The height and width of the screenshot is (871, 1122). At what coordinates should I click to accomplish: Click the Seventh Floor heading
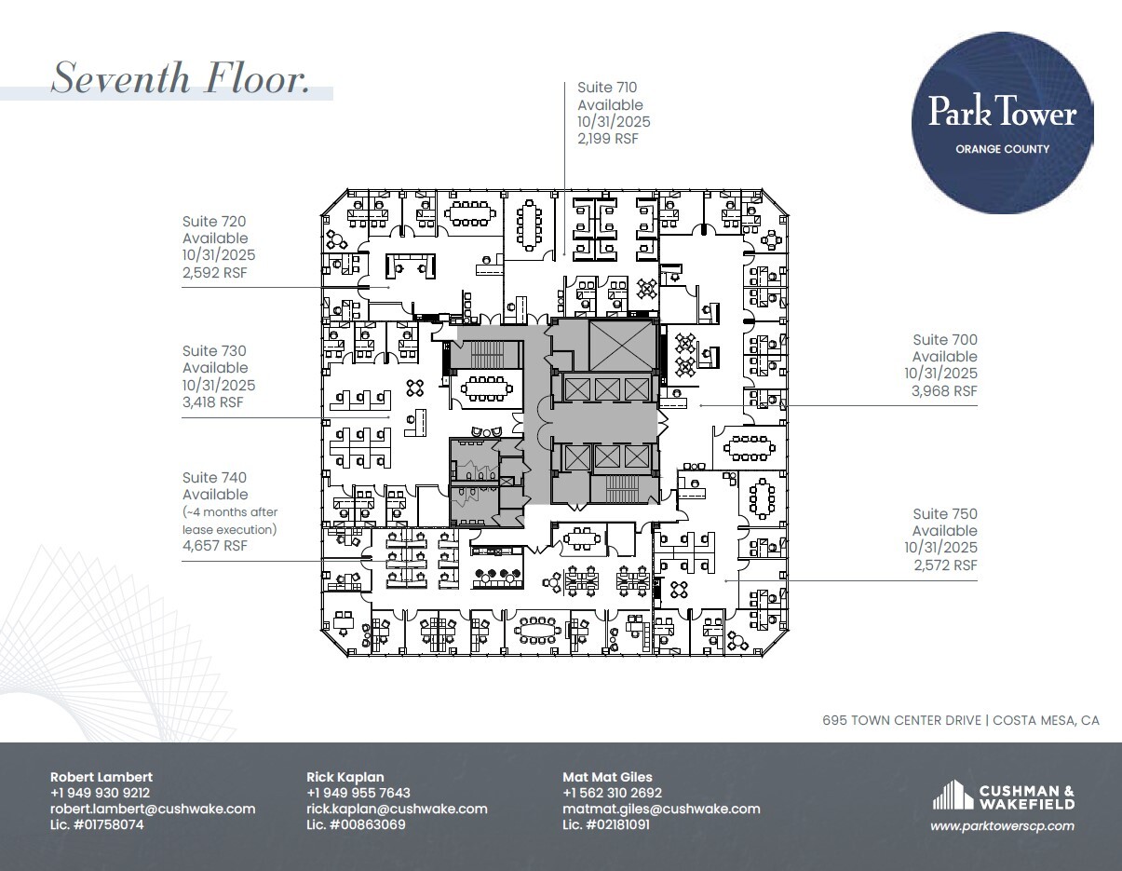[180, 77]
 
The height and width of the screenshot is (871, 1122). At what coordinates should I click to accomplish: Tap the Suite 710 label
[607, 88]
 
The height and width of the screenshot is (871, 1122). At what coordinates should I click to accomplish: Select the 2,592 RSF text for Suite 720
[216, 273]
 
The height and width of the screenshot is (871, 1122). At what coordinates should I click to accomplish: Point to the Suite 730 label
[214, 351]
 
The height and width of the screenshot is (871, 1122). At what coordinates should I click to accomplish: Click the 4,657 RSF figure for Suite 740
[215, 546]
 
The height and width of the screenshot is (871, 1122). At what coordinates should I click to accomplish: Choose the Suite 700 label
[945, 340]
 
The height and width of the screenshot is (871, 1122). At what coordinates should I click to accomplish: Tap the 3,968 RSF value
[943, 391]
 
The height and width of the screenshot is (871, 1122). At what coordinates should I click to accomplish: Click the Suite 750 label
[945, 514]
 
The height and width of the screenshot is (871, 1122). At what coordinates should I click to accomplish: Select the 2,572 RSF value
[943, 565]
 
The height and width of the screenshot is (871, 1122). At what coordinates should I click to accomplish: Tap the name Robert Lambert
[101, 777]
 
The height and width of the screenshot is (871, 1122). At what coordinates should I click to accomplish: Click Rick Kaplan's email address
[397, 810]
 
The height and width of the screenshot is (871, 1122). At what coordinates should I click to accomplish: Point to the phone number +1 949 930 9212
[100, 793]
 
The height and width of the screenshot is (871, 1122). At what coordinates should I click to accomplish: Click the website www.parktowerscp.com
[1002, 825]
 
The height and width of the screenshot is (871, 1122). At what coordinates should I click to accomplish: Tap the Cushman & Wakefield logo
[1003, 797]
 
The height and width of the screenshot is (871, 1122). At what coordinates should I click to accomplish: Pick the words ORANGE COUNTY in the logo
[1002, 149]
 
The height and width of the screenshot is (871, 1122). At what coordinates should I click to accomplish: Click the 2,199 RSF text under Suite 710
[608, 139]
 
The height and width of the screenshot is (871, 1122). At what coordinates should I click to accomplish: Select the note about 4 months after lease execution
[230, 521]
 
